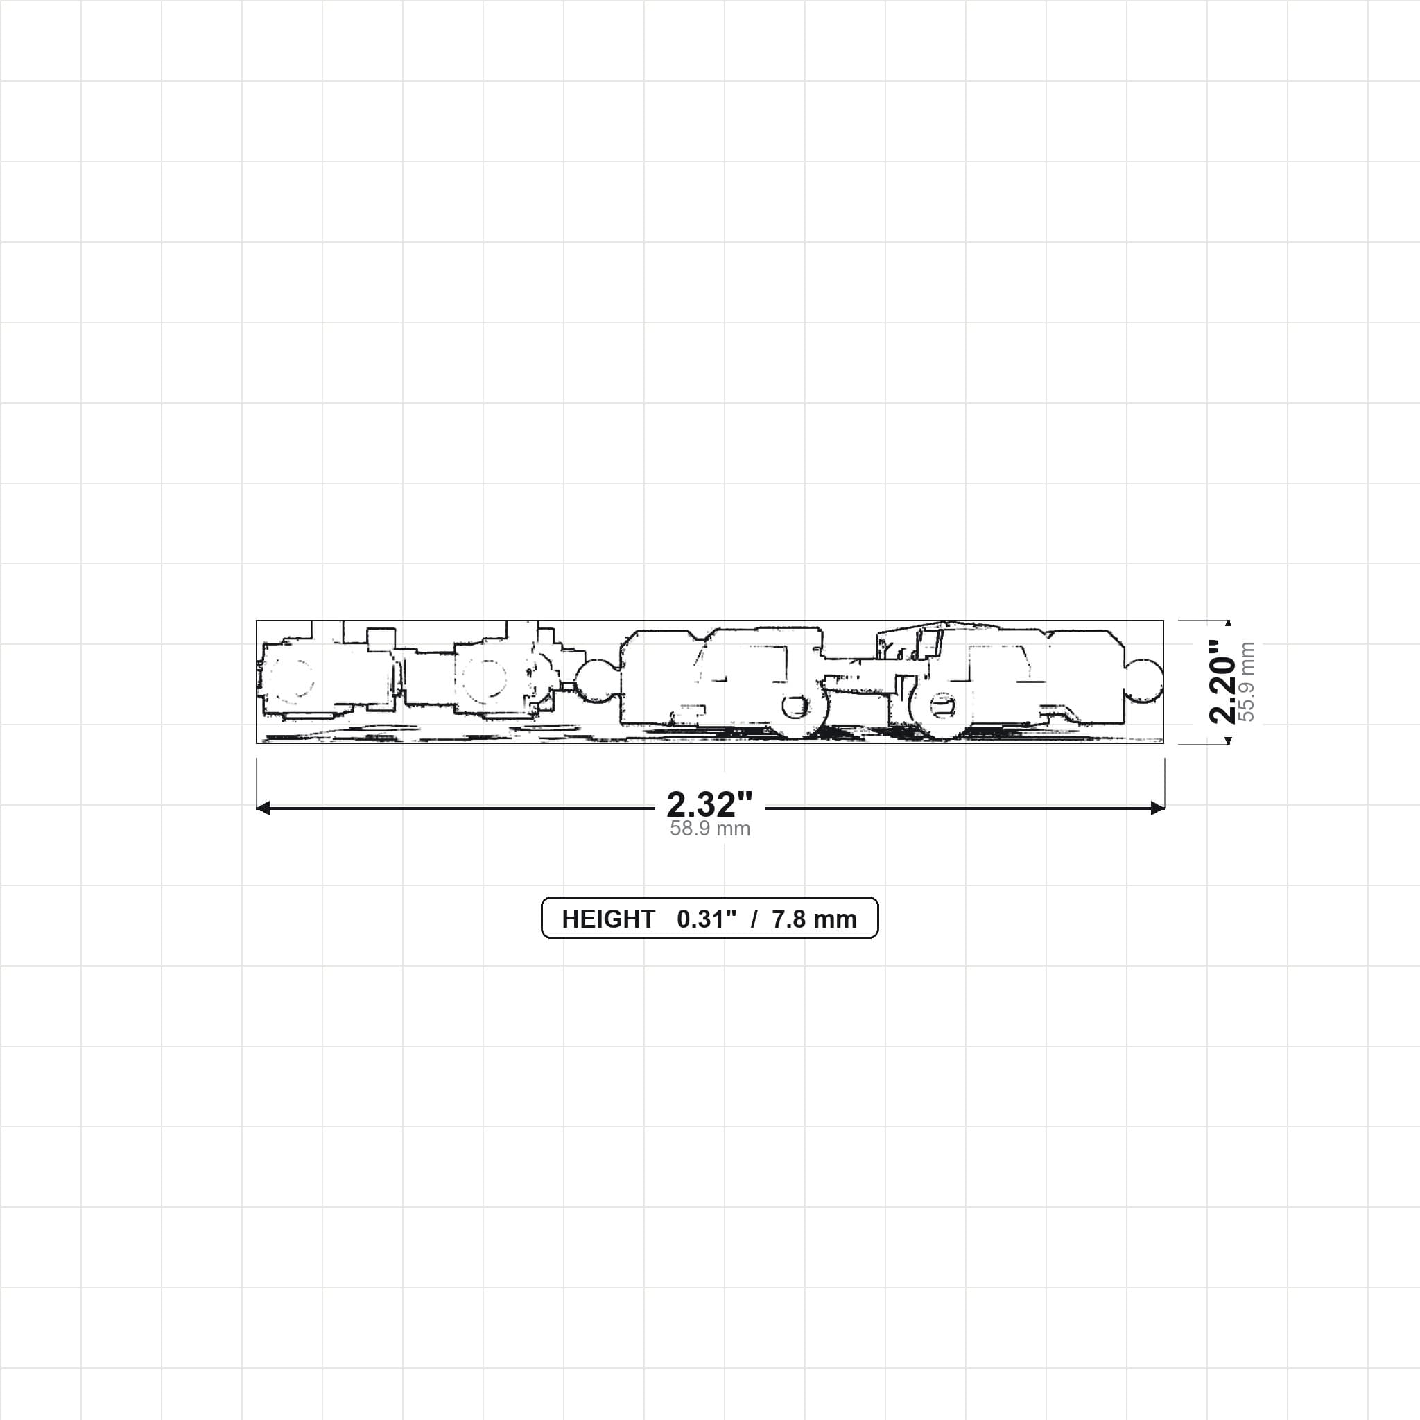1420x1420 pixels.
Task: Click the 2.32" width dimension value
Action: (x=709, y=805)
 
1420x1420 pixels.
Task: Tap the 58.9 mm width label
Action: (x=710, y=829)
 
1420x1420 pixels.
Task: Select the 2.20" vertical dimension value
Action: (x=1223, y=682)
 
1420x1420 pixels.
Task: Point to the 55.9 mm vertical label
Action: (x=1247, y=682)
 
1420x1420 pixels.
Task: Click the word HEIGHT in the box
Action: (x=609, y=919)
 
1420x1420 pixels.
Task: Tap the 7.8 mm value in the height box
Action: (x=815, y=919)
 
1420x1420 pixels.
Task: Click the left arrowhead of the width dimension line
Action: (x=262, y=808)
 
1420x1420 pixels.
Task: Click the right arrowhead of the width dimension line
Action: (x=1158, y=808)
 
